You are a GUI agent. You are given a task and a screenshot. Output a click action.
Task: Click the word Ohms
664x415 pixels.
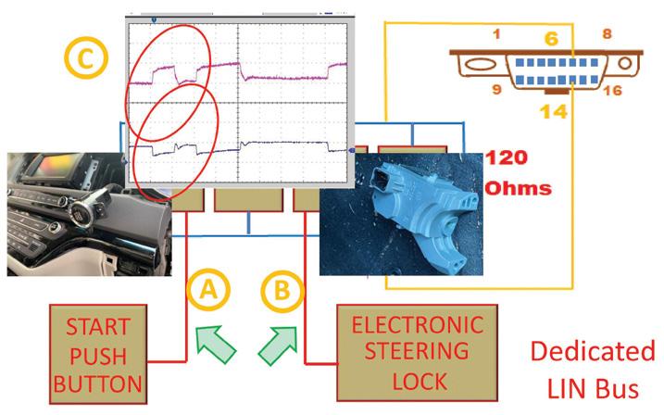[x=516, y=188]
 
